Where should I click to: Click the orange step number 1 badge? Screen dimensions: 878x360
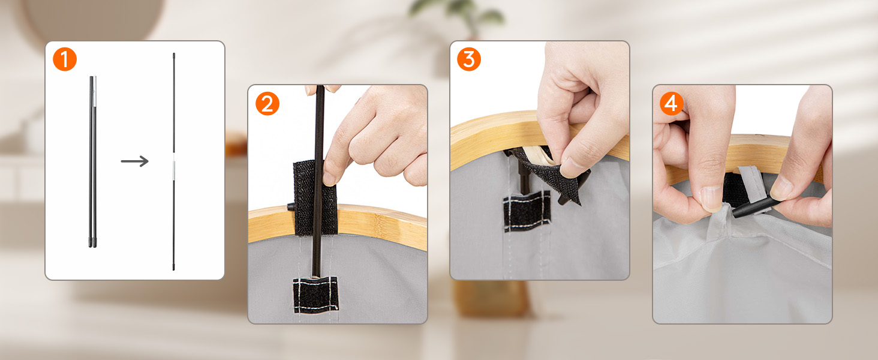pyautogui.click(x=65, y=59)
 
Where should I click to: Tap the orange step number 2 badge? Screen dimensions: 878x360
pyautogui.click(x=267, y=104)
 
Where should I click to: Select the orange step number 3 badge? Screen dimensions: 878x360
pyautogui.click(x=469, y=59)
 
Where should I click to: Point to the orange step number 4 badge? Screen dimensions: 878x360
pyautogui.click(x=672, y=104)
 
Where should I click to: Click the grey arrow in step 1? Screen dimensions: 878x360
pyautogui.click(x=134, y=161)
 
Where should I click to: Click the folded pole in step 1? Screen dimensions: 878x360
pyautogui.click(x=92, y=161)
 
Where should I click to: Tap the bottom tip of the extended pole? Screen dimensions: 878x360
pyautogui.click(x=174, y=269)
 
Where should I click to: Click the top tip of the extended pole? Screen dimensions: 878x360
pyautogui.click(x=174, y=54)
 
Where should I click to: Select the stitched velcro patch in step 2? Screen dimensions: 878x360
pyautogui.click(x=315, y=295)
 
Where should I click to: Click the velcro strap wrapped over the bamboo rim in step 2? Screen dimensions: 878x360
pyautogui.click(x=315, y=198)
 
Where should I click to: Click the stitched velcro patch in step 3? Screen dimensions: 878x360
pyautogui.click(x=527, y=212)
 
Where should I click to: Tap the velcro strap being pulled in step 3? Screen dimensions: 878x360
pyautogui.click(x=551, y=173)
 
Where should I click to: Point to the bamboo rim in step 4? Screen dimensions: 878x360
pyautogui.click(x=745, y=157)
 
